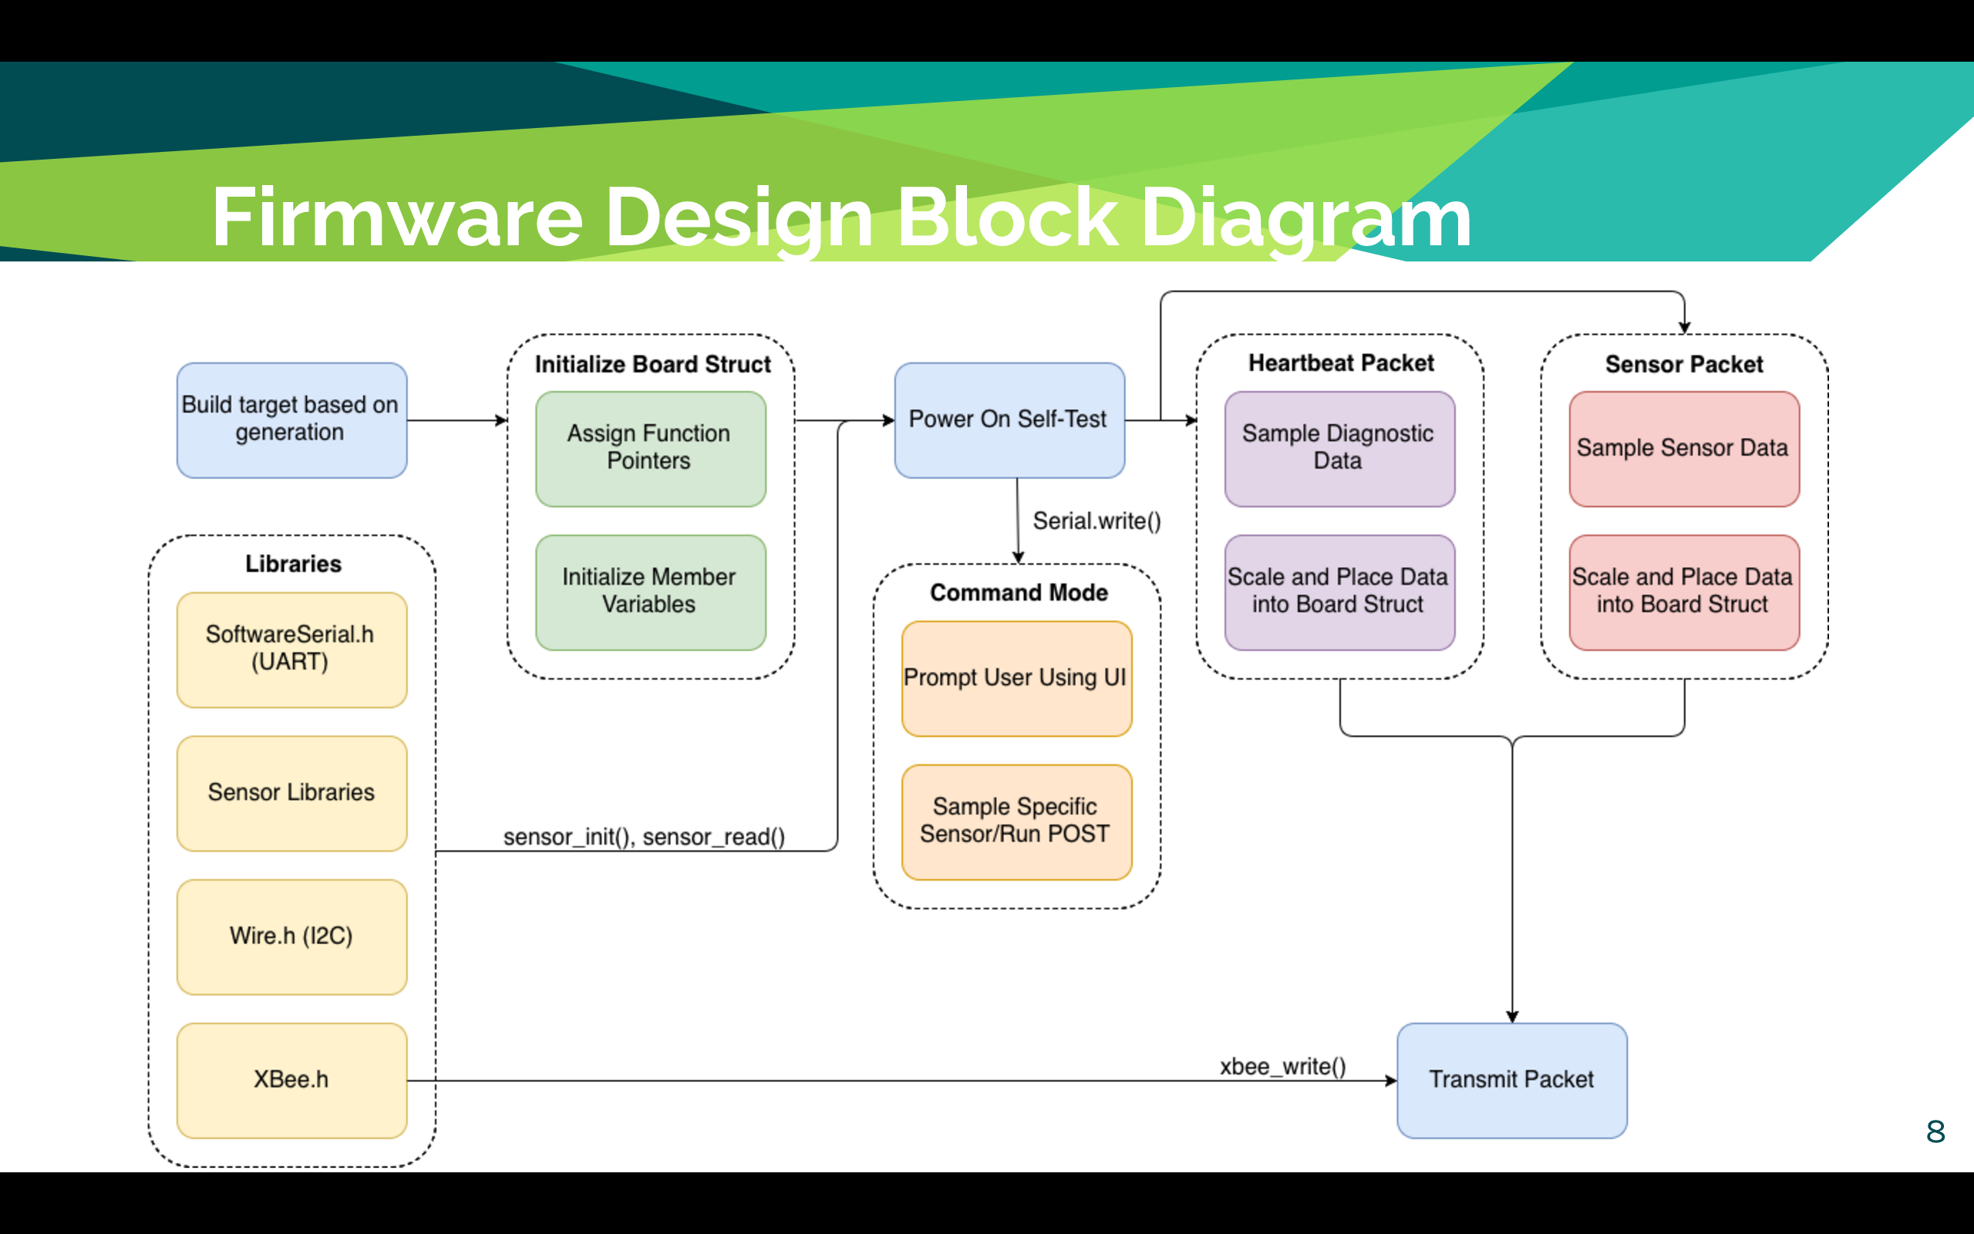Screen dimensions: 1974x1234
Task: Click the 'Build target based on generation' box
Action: [292, 420]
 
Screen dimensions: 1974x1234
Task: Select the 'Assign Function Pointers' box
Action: [650, 449]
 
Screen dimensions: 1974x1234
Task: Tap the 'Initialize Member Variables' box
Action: [650, 592]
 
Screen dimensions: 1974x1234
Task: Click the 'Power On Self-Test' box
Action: [1009, 420]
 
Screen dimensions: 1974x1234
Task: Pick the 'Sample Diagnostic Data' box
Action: [1339, 449]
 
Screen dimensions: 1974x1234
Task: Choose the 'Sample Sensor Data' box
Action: [1684, 449]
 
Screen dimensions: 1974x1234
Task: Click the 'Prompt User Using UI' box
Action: [1016, 679]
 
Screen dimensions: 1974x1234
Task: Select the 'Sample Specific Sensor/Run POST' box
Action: [1016, 823]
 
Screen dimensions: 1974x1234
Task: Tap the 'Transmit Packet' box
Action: [1512, 1081]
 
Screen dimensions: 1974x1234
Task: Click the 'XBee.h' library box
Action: [292, 1081]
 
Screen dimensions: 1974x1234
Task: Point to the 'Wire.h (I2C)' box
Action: [292, 937]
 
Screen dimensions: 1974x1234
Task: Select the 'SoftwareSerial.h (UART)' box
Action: [292, 649]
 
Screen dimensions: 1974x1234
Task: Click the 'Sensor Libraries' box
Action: [292, 794]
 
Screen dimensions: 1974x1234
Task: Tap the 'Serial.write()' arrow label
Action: [1097, 521]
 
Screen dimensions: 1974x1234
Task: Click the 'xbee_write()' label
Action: [1283, 1067]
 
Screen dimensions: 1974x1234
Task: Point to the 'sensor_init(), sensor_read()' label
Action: [645, 838]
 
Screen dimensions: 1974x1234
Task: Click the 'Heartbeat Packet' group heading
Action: [1341, 363]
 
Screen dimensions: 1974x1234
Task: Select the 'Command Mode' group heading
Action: [1019, 592]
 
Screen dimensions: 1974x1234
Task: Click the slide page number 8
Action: [1935, 1132]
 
